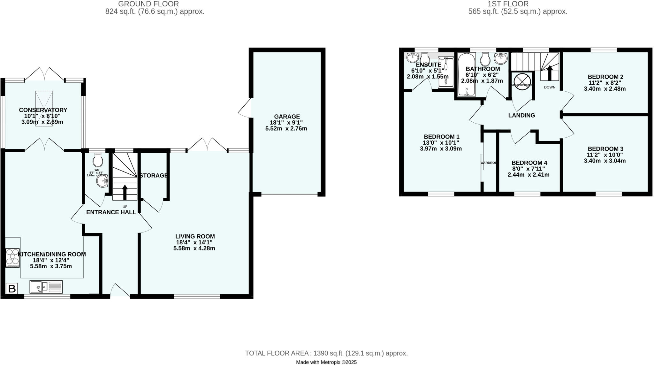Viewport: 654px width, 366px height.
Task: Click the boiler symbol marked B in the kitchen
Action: pos(12,289)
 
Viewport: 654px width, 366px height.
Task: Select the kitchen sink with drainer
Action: pos(46,286)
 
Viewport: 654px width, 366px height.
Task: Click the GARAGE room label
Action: pos(287,117)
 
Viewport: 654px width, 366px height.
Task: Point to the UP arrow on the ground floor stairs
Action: pos(125,192)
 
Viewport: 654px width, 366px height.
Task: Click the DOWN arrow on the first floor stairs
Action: pos(550,73)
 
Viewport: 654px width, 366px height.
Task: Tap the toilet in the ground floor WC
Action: pos(98,159)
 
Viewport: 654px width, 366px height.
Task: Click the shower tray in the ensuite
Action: pos(445,72)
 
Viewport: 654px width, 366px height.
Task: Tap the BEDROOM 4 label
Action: pos(529,163)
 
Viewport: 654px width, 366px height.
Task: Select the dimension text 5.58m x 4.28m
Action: pos(194,248)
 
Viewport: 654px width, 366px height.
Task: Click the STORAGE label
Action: pos(154,175)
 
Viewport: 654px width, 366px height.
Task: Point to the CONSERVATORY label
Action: pos(43,110)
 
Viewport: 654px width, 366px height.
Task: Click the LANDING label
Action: pos(521,115)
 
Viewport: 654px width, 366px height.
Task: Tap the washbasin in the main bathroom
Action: pos(500,58)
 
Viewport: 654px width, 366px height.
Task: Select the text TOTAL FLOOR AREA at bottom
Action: pos(277,353)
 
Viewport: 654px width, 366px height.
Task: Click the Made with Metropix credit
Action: pos(326,362)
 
